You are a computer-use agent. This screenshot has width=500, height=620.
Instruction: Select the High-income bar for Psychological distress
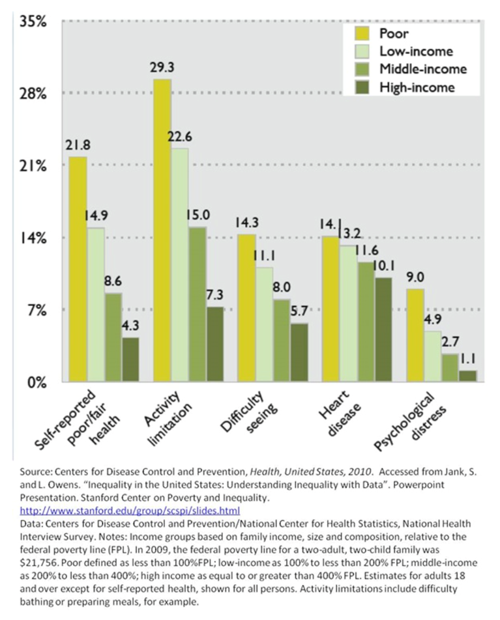(x=468, y=376)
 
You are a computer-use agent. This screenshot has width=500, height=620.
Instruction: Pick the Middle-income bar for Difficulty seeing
(x=282, y=340)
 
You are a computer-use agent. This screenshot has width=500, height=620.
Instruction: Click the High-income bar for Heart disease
(x=383, y=330)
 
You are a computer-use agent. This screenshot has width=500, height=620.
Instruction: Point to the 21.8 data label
(x=77, y=146)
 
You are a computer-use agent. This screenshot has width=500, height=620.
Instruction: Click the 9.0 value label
(x=415, y=277)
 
